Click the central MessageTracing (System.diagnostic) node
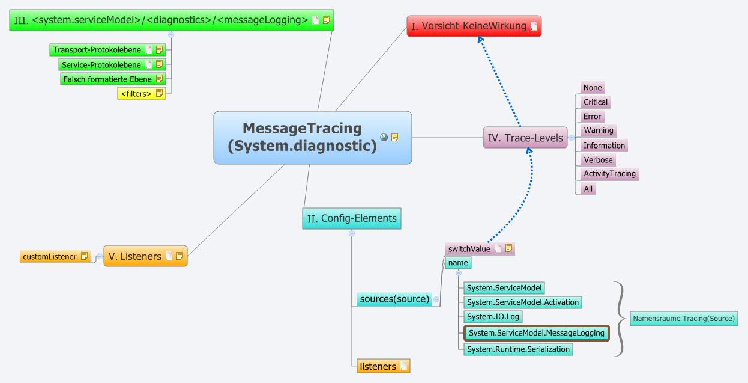coord(303,137)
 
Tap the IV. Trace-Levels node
coord(525,138)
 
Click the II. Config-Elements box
coord(351,218)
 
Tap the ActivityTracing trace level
coord(609,174)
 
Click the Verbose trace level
coord(598,160)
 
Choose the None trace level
coord(592,88)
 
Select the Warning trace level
coord(598,130)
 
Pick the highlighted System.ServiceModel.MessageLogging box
coord(536,332)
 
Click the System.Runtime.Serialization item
coord(518,349)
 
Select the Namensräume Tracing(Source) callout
coord(683,319)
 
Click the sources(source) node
coord(394,299)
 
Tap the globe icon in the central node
coord(384,137)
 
